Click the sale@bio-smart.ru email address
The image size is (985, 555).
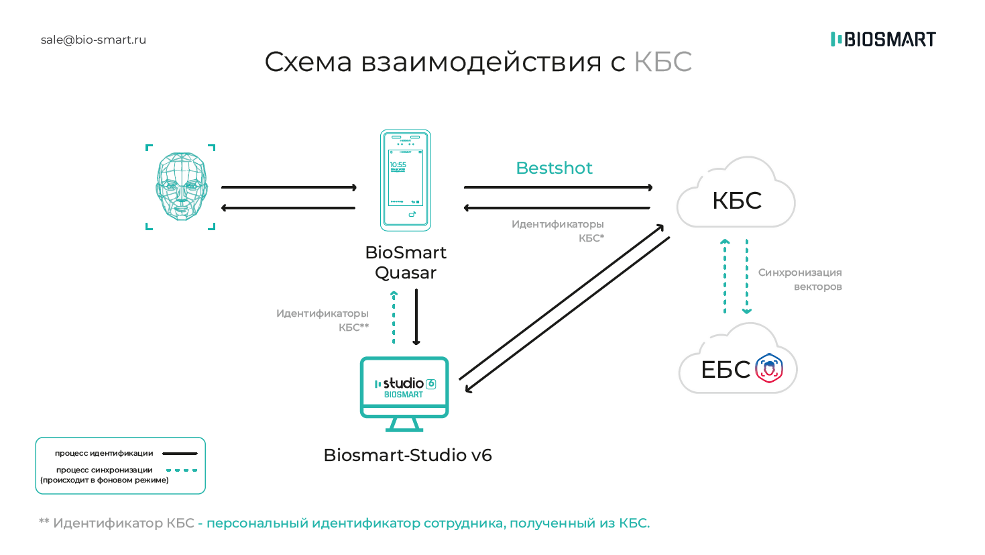tap(93, 40)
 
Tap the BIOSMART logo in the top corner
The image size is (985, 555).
tap(883, 40)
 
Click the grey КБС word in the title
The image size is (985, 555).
tap(662, 62)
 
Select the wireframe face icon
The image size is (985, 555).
tap(181, 187)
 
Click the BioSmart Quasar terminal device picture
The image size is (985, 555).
tap(406, 180)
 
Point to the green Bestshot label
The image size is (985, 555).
tap(554, 168)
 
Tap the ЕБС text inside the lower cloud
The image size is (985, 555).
tap(725, 370)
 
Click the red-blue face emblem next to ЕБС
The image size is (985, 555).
tap(769, 368)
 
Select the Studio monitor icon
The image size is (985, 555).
tap(404, 393)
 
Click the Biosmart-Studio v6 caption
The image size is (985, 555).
tap(408, 455)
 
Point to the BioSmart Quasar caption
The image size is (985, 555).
tap(406, 262)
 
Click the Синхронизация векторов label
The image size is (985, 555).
tap(800, 279)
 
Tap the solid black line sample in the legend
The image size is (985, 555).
tap(180, 454)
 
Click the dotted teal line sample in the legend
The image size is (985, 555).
tap(181, 470)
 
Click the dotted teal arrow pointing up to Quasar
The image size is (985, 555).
tap(394, 317)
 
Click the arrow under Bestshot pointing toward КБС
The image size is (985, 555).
tap(558, 187)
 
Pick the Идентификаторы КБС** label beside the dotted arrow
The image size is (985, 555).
tap(323, 320)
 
